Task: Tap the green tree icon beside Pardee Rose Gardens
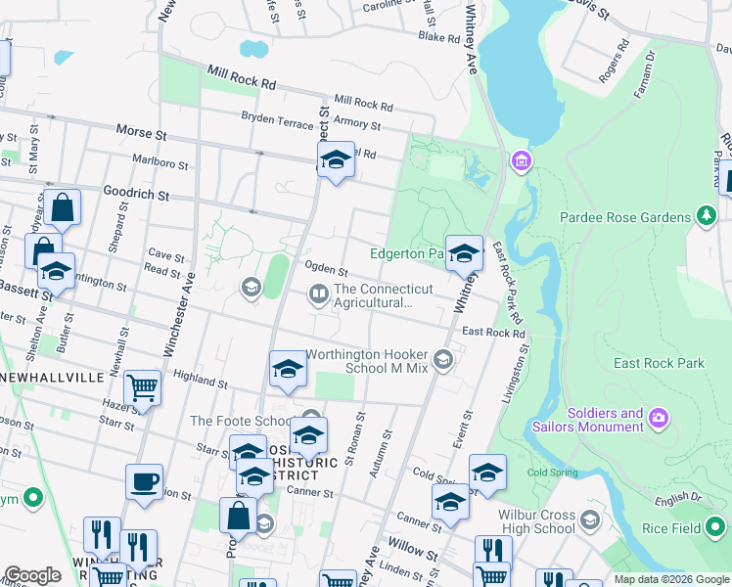tap(705, 215)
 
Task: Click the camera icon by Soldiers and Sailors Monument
tap(660, 419)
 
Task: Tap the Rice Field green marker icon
tap(717, 528)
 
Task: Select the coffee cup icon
tap(145, 482)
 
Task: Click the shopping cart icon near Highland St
tap(143, 388)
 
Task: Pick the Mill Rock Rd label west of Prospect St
tap(241, 77)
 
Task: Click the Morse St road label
tap(142, 130)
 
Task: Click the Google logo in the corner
tap(32, 575)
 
